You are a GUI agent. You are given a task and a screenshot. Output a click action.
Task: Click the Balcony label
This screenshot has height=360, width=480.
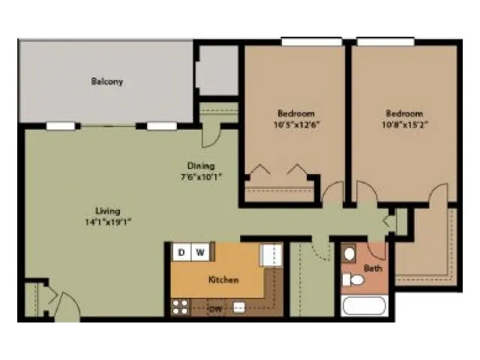pos(106,82)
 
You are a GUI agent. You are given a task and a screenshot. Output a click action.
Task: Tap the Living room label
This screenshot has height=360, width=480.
pos(108,211)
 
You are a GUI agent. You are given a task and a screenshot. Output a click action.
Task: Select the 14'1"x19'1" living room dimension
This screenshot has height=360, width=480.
pos(108,222)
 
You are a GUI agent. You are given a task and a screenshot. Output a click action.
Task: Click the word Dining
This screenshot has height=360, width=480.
pos(201,166)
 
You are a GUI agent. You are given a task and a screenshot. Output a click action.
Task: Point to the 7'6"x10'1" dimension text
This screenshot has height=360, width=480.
pos(201,177)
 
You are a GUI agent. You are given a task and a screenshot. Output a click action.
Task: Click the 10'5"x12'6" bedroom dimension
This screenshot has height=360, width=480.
pos(296,125)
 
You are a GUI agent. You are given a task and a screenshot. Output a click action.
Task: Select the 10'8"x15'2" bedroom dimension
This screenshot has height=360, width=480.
pos(405,125)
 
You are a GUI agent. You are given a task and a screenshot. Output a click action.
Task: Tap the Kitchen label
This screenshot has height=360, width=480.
pos(223,280)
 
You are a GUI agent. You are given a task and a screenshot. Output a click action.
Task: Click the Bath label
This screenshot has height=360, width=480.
pos(373,268)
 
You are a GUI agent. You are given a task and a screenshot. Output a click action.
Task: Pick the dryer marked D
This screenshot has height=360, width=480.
pos(181,252)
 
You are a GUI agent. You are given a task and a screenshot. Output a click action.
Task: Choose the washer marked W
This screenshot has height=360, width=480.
pos(200,252)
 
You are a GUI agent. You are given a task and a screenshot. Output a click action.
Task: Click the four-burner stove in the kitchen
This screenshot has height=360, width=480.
pos(180,307)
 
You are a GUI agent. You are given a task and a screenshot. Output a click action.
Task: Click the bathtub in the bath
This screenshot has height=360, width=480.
pos(364,306)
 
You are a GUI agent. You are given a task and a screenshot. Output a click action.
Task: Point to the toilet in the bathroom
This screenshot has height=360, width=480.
pos(353,280)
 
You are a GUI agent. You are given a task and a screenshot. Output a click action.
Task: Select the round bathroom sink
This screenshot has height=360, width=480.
pos(349,253)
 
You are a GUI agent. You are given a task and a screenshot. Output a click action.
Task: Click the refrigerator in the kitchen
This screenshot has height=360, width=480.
pos(271,255)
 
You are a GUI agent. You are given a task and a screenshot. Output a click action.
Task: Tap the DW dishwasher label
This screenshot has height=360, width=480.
pos(215,309)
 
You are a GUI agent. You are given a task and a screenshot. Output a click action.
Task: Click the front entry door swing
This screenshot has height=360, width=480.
pos(68,307)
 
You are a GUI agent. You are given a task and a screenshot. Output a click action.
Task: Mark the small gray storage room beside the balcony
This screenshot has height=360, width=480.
pos(218,70)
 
